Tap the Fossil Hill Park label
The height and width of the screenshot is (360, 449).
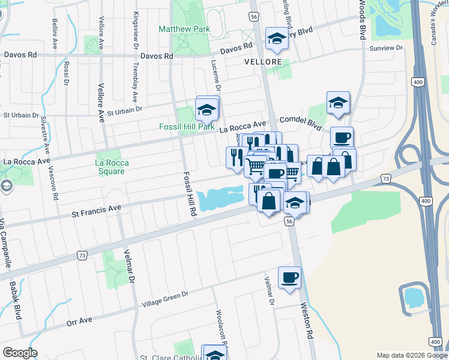pos(186,127)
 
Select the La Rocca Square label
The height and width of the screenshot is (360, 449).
pos(110,167)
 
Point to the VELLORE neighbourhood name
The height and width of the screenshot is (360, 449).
pos(263,62)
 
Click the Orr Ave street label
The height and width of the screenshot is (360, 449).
pos(79,321)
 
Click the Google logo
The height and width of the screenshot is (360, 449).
pos(20,353)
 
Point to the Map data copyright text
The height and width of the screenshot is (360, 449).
pos(412,355)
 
